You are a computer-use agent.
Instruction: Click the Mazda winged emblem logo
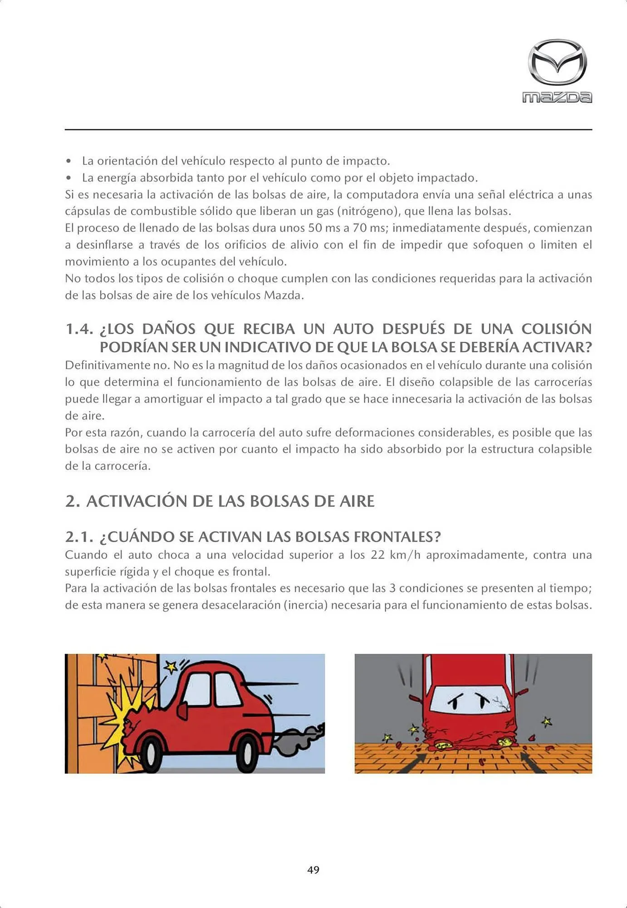pyautogui.click(x=557, y=62)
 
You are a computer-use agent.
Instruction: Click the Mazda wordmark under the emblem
pyautogui.click(x=557, y=97)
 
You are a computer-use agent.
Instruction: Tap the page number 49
pyautogui.click(x=313, y=869)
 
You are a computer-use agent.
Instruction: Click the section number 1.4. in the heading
pyautogui.click(x=79, y=329)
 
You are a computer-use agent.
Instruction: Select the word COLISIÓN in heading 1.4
pyautogui.click(x=556, y=329)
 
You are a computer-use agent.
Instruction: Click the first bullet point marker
pyautogui.click(x=69, y=161)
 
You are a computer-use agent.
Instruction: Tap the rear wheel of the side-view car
pyautogui.click(x=248, y=754)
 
